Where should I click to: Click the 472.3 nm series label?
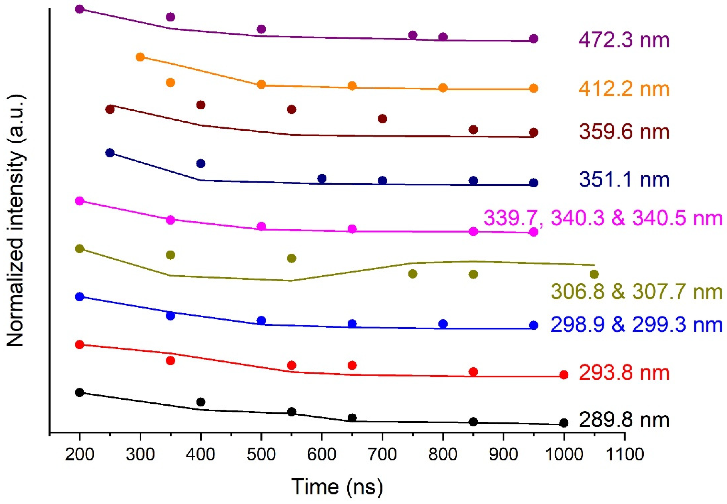coord(624,41)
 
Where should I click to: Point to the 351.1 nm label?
coord(624,180)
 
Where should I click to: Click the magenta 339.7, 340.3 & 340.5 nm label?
coord(603,219)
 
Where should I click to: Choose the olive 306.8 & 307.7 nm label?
coord(637,292)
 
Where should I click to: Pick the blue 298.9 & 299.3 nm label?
coord(637,325)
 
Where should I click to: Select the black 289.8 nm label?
coord(624,420)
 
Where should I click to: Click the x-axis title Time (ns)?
coord(337,487)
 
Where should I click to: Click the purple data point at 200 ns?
coord(80,9)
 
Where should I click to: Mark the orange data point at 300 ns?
coord(140,57)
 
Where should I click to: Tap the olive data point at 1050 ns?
coord(594,274)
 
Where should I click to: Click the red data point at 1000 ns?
coord(563,375)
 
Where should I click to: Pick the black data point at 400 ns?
coord(201,402)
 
